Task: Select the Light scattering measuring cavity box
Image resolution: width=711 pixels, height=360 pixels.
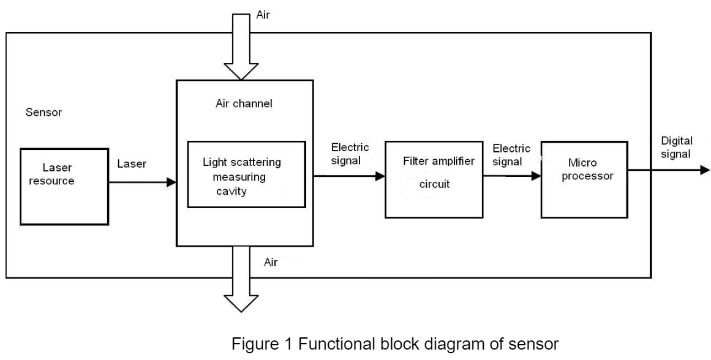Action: (x=246, y=174)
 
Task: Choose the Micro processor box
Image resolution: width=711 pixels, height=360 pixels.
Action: (x=584, y=179)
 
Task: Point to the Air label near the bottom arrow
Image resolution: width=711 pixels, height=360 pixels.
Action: (x=271, y=262)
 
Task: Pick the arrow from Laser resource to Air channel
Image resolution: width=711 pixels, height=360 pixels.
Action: (x=141, y=182)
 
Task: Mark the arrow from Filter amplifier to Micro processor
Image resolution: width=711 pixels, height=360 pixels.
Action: (x=512, y=176)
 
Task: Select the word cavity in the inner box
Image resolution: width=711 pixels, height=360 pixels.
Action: (x=230, y=191)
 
